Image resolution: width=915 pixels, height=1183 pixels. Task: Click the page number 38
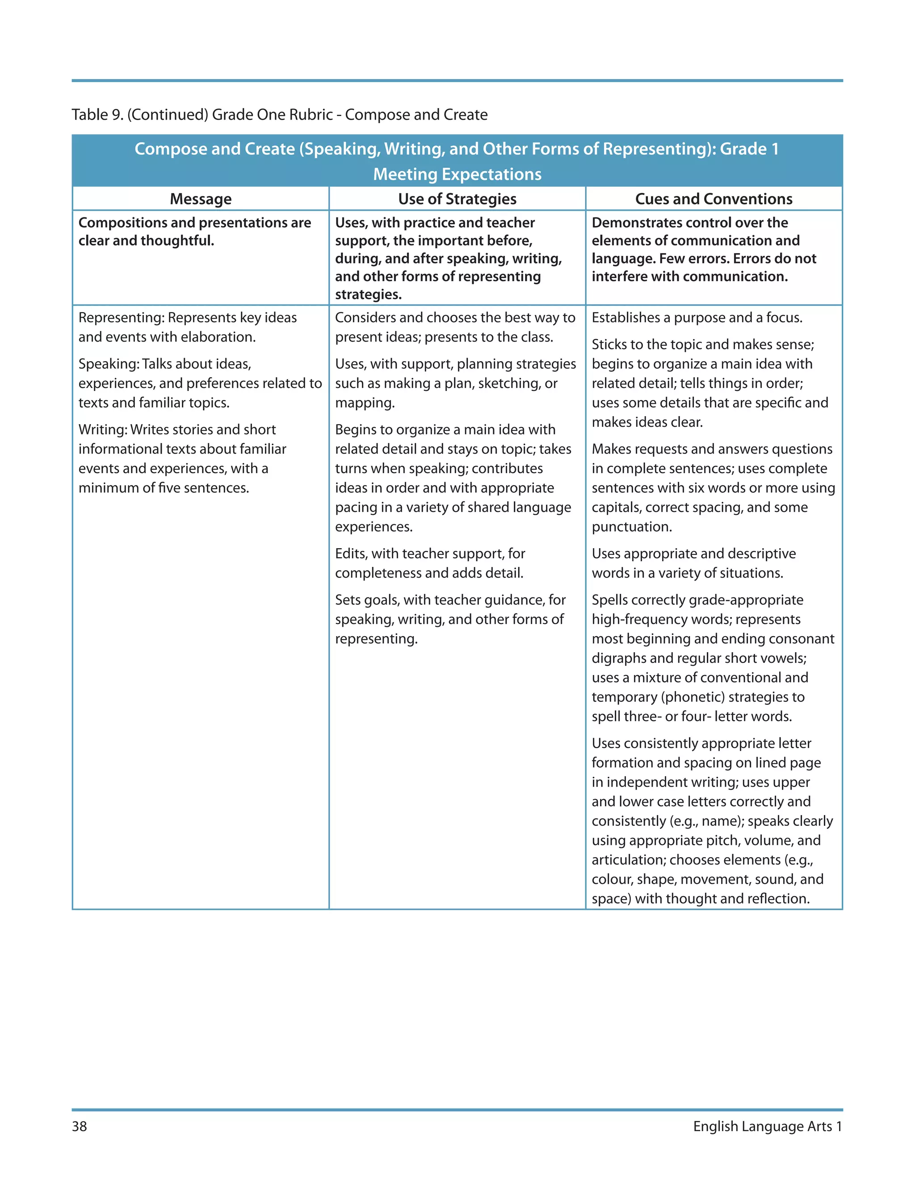tap(79, 1126)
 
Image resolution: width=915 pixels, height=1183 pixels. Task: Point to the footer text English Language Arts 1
tap(767, 1126)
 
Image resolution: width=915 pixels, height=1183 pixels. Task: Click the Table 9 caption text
tap(279, 115)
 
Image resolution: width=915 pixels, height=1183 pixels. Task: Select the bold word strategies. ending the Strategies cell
tap(368, 295)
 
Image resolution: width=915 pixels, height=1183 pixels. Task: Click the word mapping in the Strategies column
tap(363, 403)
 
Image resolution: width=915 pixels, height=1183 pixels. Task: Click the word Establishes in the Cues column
tap(625, 317)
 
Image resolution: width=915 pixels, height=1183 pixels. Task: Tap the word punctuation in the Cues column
tap(630, 527)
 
